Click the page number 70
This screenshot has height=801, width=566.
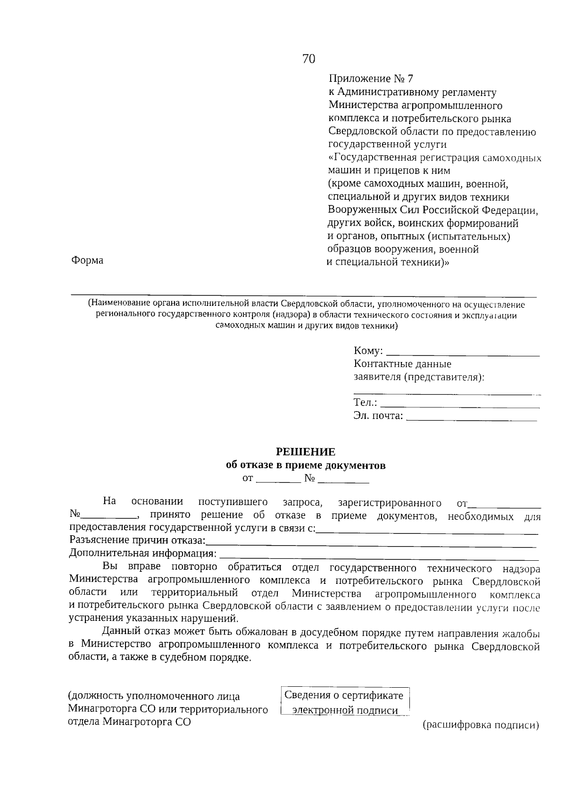click(308, 59)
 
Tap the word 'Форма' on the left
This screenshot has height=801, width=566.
click(87, 260)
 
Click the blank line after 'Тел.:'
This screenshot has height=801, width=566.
click(460, 404)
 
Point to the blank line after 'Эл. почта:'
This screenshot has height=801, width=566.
click(471, 417)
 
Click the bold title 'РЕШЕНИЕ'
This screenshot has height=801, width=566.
click(306, 452)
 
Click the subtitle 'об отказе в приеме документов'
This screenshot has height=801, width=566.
click(306, 465)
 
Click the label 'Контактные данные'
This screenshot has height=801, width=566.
click(402, 364)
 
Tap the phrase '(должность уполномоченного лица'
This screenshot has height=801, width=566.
click(154, 696)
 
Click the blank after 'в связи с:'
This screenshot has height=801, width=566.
click(427, 530)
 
